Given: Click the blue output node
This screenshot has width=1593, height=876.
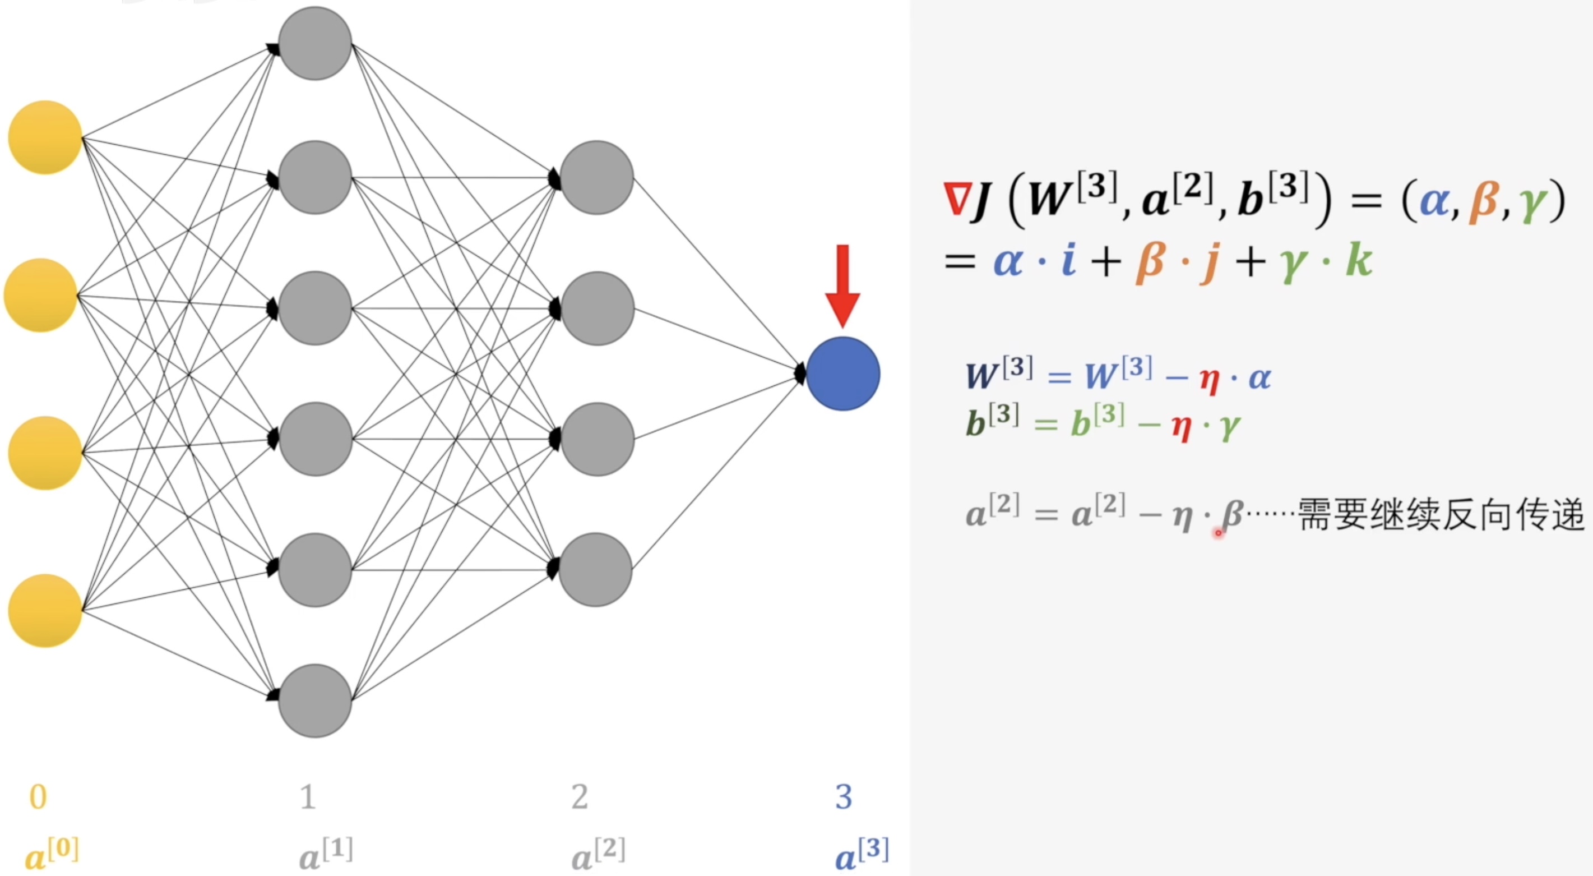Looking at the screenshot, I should (843, 374).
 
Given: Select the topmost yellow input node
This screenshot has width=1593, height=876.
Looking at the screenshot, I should (44, 137).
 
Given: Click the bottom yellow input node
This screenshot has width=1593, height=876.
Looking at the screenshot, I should (44, 611).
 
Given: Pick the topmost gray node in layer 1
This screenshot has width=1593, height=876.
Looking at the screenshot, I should (315, 43).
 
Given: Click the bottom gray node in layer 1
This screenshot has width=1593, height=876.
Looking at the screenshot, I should (315, 701).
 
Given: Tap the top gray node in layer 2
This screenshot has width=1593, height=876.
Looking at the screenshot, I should (597, 178).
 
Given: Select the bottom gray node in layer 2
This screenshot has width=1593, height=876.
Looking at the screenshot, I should (595, 570).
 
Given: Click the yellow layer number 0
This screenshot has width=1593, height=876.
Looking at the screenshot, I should (38, 797).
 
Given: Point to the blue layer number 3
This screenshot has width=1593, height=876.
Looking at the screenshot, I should (844, 797).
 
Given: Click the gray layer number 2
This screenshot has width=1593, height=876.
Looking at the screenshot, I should (580, 797).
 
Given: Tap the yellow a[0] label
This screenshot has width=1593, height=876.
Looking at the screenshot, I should (52, 853).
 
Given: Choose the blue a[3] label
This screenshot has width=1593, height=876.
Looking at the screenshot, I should (862, 853).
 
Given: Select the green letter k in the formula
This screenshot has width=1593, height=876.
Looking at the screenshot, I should (1359, 260).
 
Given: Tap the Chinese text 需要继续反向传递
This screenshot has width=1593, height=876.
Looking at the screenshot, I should (1441, 514).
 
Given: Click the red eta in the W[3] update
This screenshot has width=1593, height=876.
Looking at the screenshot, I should (1209, 379).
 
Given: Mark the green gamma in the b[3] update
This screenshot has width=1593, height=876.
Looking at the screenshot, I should (1230, 427).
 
